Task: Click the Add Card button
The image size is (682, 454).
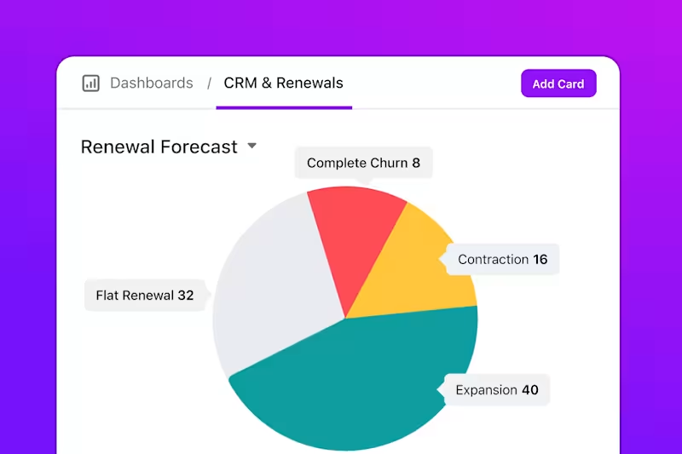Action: click(558, 83)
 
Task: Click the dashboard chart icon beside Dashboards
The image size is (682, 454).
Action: click(90, 83)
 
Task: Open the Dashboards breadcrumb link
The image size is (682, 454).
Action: click(152, 83)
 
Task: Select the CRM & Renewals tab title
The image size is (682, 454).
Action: click(283, 83)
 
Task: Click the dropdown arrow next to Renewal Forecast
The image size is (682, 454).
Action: click(252, 146)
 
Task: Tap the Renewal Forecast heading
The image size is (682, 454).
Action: click(159, 147)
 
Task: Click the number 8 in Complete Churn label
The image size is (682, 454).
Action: click(416, 163)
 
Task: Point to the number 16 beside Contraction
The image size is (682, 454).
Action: click(540, 260)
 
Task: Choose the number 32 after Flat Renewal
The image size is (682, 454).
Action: click(186, 296)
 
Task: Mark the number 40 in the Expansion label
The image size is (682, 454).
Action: click(530, 390)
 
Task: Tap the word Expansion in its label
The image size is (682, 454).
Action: click(486, 390)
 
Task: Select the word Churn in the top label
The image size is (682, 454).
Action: click(389, 163)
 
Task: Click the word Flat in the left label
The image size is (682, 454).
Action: click(107, 296)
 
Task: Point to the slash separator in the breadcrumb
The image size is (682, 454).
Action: click(209, 83)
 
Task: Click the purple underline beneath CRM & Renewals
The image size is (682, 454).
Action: click(284, 107)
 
